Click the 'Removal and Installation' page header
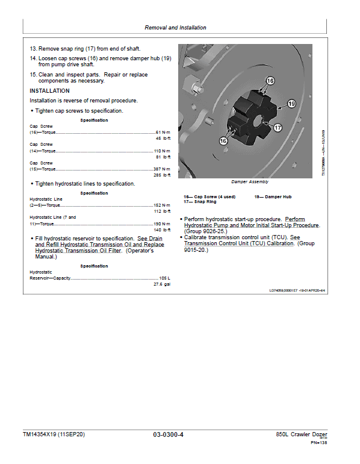tap(175, 28)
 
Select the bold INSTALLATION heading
tap(50, 91)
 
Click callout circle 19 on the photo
tap(292, 104)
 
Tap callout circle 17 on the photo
tap(278, 128)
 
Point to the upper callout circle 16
tap(270, 80)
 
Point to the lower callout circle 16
tap(223, 140)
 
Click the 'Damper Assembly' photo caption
tap(249, 181)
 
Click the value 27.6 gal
tap(162, 284)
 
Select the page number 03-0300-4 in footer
tap(168, 434)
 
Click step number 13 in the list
tap(33, 47)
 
